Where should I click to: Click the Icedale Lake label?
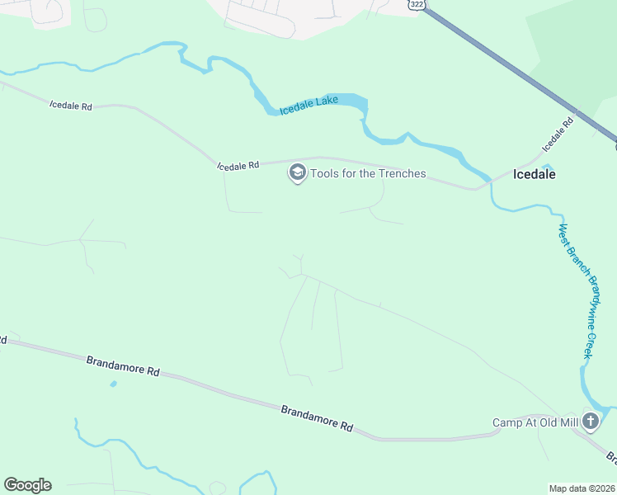coord(309,106)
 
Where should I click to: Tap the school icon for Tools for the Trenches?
coord(297,173)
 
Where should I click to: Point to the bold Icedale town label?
coord(535,174)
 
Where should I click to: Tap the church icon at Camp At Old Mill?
coord(591,422)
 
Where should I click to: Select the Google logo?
coord(28,485)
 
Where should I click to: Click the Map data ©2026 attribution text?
coord(582,488)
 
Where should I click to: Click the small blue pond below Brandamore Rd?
coord(113,384)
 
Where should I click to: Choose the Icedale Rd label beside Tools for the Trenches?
coord(239,166)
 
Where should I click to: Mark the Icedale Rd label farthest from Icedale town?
coord(71,106)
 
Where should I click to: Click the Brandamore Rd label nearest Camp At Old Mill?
coord(317,417)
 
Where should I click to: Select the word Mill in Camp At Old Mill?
coord(568,422)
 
